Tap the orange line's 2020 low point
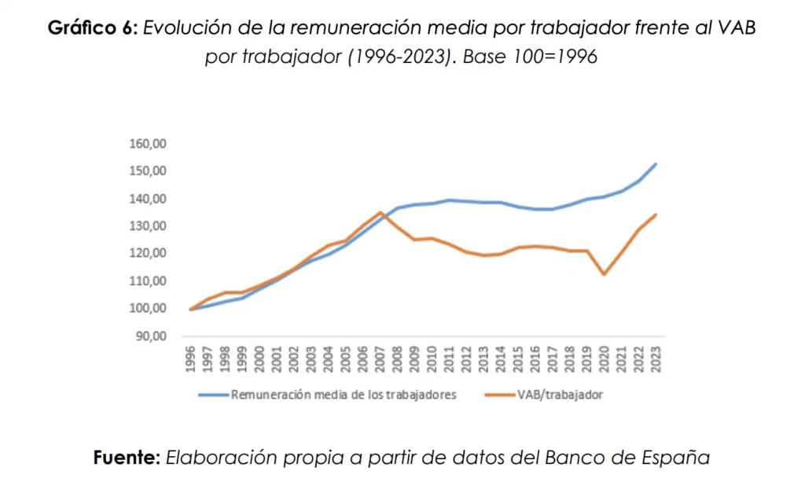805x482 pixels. (x=604, y=274)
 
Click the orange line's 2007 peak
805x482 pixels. (x=380, y=212)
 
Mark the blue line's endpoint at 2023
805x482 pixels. (x=656, y=164)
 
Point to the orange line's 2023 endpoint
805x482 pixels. (x=656, y=215)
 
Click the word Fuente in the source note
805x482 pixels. (x=127, y=457)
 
